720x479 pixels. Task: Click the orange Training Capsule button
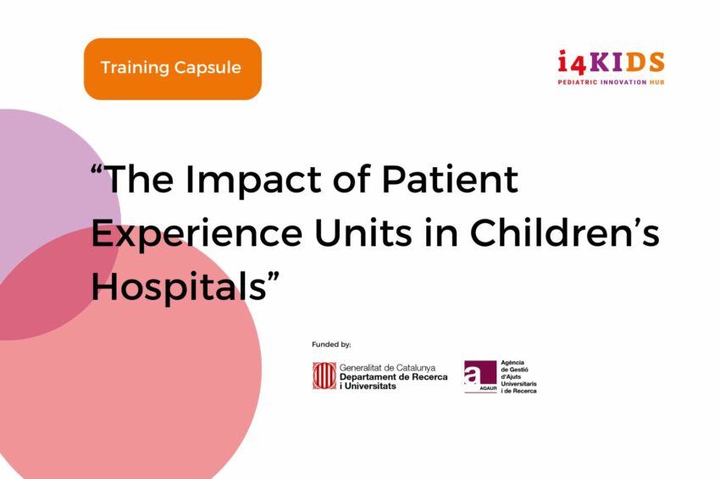click(173, 69)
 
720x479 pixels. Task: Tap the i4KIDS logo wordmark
click(612, 63)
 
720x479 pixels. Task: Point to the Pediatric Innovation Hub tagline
click(612, 82)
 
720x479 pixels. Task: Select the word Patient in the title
click(450, 179)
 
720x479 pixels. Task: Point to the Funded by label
click(331, 344)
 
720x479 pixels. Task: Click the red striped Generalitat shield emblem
click(324, 376)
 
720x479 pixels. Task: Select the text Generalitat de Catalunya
click(387, 368)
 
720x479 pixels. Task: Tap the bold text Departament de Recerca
click(394, 377)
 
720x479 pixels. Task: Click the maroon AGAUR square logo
click(480, 377)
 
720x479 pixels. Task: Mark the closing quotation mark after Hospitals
click(274, 277)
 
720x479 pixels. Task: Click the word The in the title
click(139, 179)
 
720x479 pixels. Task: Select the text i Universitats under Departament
click(368, 386)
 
